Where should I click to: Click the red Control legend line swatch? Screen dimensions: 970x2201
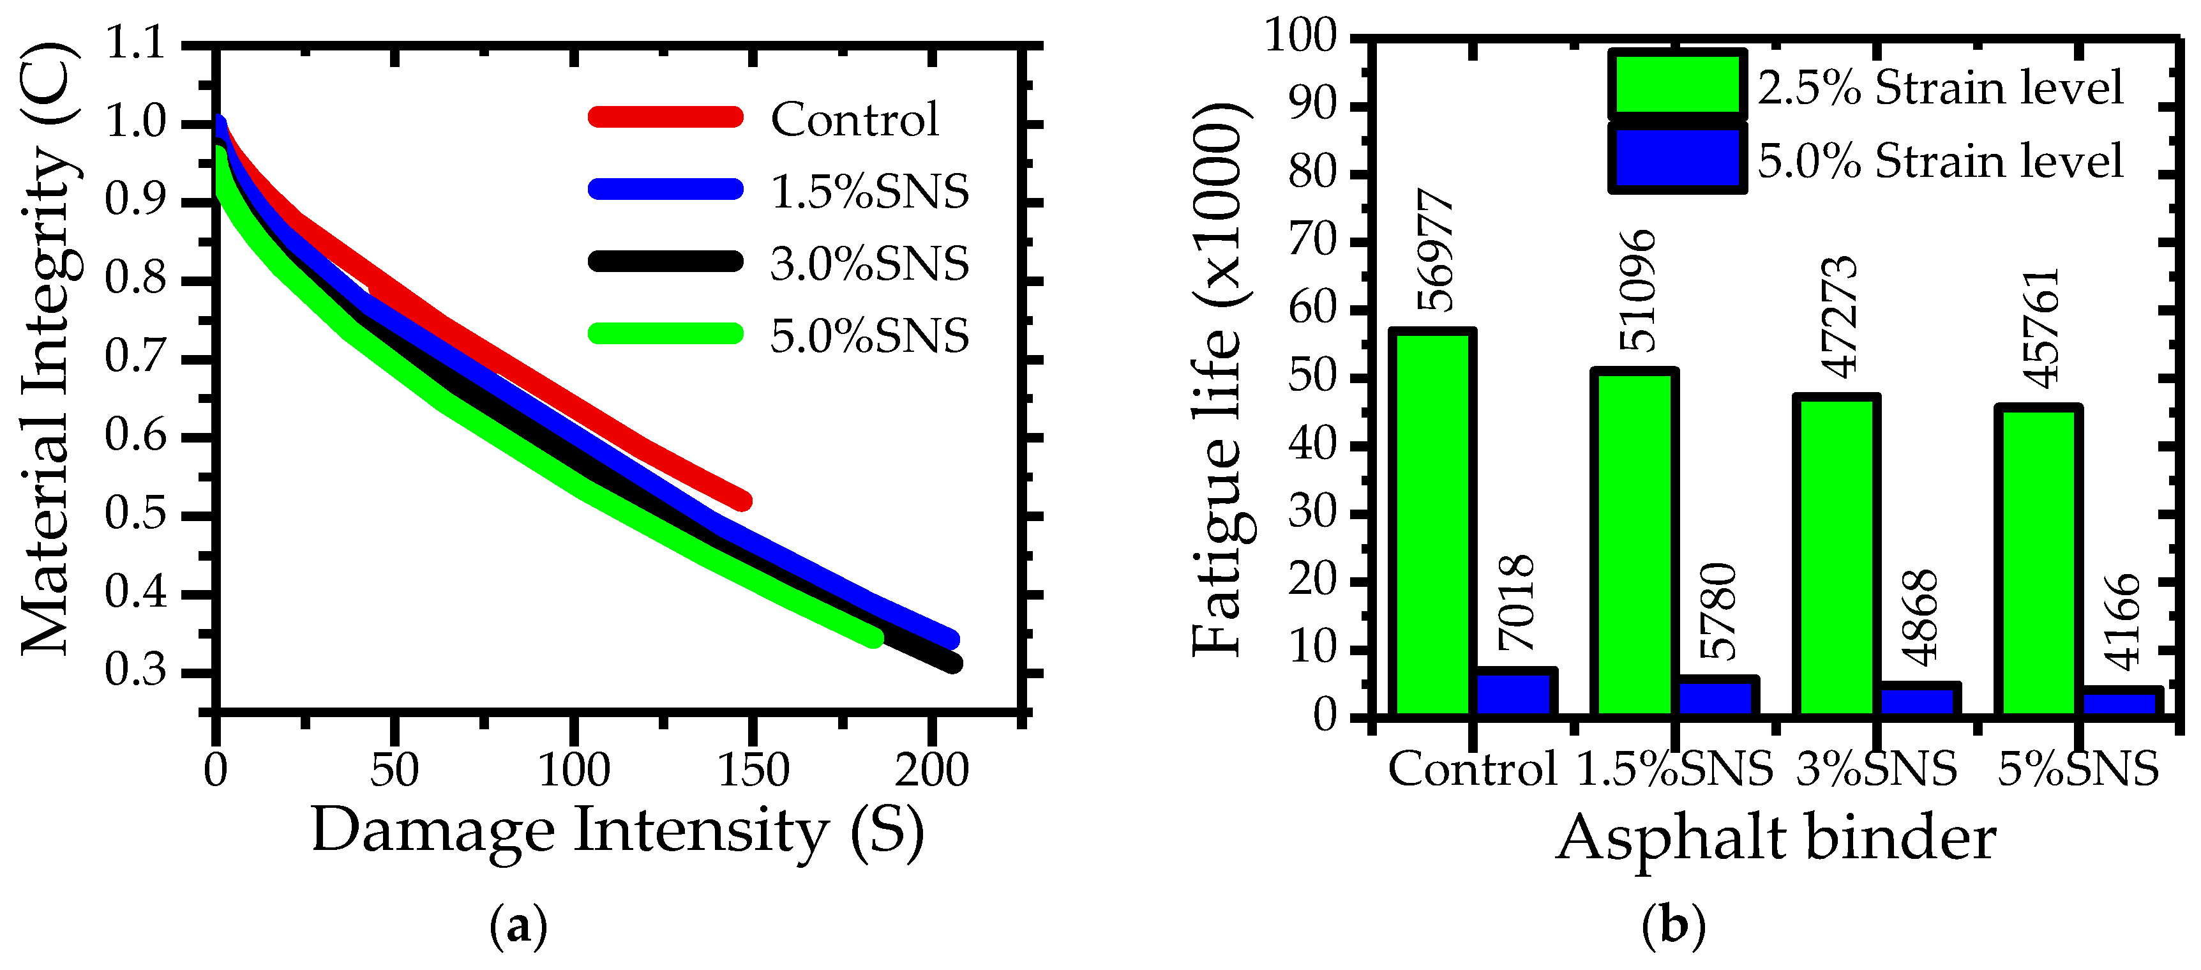[666, 116]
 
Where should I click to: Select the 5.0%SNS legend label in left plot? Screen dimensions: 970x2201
[869, 336]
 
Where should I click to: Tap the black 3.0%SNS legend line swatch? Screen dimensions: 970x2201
[666, 261]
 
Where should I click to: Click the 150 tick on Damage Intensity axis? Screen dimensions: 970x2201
[754, 769]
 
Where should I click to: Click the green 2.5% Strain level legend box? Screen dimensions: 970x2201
[1676, 83]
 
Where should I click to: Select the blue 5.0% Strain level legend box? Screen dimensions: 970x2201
[1676, 159]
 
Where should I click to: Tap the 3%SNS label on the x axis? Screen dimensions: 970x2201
[1876, 769]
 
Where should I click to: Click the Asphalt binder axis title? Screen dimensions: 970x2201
[1775, 839]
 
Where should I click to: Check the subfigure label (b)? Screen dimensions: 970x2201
[1673, 927]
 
